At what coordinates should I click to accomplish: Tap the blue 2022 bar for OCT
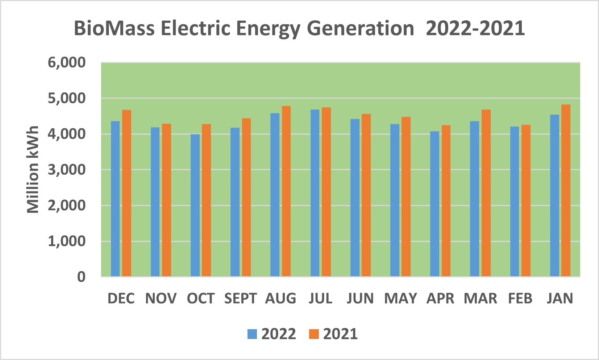click(x=195, y=205)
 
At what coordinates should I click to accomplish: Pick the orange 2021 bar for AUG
click(x=286, y=191)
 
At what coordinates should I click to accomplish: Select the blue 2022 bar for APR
click(x=435, y=204)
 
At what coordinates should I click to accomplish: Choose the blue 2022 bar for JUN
click(x=355, y=198)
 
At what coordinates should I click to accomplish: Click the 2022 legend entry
click(x=272, y=334)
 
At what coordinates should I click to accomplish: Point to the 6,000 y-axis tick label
click(x=67, y=62)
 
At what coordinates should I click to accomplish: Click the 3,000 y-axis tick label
click(x=67, y=170)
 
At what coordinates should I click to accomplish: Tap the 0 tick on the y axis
click(x=81, y=277)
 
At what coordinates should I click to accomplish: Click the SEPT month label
click(x=240, y=299)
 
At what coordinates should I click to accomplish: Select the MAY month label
click(x=400, y=299)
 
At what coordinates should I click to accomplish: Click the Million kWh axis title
click(x=33, y=170)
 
